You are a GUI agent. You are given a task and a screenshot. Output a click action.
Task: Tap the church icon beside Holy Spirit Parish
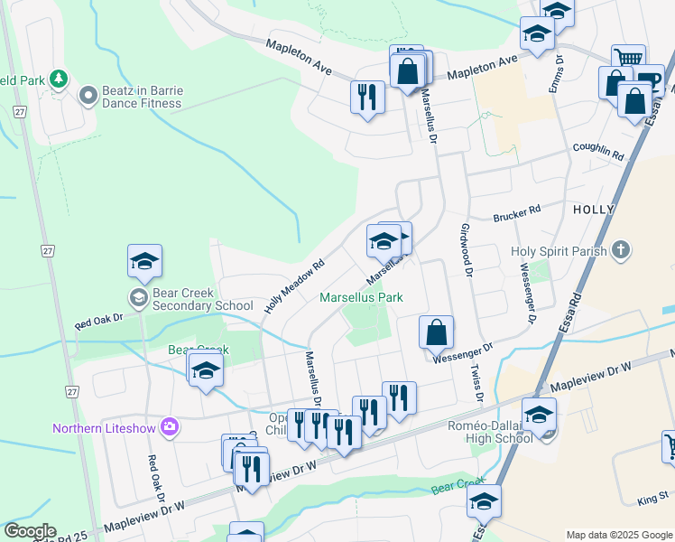pyautogui.click(x=620, y=250)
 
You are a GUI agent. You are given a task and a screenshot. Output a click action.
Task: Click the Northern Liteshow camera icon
pyautogui.click(x=169, y=427)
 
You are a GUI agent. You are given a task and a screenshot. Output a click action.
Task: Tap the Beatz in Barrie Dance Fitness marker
pyautogui.click(x=88, y=95)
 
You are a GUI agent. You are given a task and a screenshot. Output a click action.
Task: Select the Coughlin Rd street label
pyautogui.click(x=598, y=150)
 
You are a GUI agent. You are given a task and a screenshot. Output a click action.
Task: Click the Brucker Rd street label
pyautogui.click(x=516, y=212)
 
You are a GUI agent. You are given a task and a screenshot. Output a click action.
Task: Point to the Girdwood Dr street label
pyautogui.click(x=467, y=246)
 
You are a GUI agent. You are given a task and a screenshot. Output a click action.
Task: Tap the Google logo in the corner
pyautogui.click(x=30, y=531)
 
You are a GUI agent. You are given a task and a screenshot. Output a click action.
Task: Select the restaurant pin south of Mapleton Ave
pyautogui.click(x=367, y=97)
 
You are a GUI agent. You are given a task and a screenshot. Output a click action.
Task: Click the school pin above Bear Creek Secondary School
pyautogui.click(x=144, y=261)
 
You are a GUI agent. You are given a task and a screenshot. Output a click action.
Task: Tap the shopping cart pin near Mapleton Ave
pyautogui.click(x=628, y=61)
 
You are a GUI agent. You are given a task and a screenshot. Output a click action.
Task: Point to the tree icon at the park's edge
pyautogui.click(x=60, y=79)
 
